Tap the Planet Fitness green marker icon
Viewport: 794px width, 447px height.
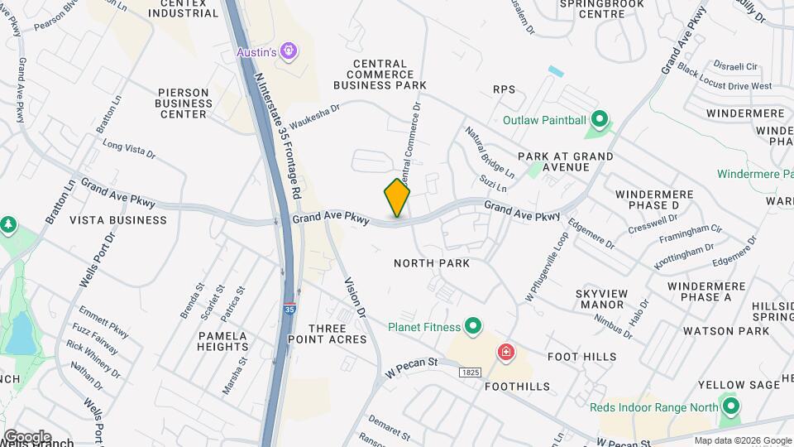point(473,326)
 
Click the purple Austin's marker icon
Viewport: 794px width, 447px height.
point(288,52)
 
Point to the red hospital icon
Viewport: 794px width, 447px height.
point(505,353)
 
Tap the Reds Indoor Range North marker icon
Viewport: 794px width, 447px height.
point(730,406)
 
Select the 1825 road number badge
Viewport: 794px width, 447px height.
point(470,373)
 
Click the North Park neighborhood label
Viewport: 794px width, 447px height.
point(432,263)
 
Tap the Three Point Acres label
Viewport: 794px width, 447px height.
point(327,334)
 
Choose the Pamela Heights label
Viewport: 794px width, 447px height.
point(222,342)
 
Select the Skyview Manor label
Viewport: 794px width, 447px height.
point(602,299)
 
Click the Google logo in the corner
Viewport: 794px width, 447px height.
point(26,436)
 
